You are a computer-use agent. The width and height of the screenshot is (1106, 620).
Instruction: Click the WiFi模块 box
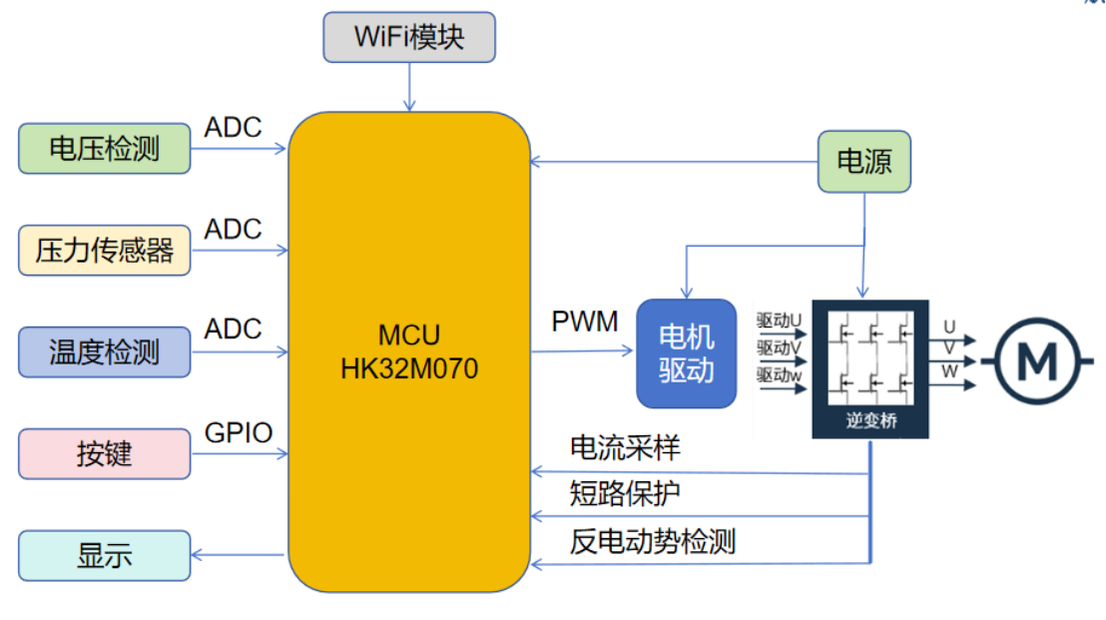coord(409,38)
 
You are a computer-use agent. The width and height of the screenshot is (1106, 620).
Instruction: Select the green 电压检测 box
coord(105,149)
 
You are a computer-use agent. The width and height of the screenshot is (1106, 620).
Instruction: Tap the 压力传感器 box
coord(105,250)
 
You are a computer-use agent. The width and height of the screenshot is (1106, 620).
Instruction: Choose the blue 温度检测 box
coord(105,351)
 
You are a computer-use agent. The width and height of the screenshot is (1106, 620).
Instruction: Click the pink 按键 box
coord(105,454)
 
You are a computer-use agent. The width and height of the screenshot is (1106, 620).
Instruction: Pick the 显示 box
coord(105,555)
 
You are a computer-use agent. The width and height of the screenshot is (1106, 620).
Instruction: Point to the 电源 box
coord(864,161)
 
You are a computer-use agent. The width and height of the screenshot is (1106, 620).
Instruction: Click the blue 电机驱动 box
coord(687,353)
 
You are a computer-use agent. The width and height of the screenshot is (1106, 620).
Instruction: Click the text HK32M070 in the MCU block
coord(409,369)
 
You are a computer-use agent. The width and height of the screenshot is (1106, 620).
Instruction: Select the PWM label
coord(585,322)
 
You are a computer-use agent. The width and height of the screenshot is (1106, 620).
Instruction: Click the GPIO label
coord(239,432)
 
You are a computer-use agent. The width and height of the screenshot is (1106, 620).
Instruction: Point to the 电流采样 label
coord(625,448)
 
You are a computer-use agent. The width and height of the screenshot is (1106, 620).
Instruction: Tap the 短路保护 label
coord(625,493)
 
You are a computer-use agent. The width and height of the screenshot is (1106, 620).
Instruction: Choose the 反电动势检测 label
coord(653,541)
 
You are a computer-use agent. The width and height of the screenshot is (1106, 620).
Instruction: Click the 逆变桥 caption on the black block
coord(871,420)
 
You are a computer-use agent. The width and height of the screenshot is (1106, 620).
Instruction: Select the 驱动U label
coord(780,321)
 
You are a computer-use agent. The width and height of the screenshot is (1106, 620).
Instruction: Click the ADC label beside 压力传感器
coord(234,229)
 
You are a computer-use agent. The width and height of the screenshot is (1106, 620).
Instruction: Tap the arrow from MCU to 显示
coord(240,555)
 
